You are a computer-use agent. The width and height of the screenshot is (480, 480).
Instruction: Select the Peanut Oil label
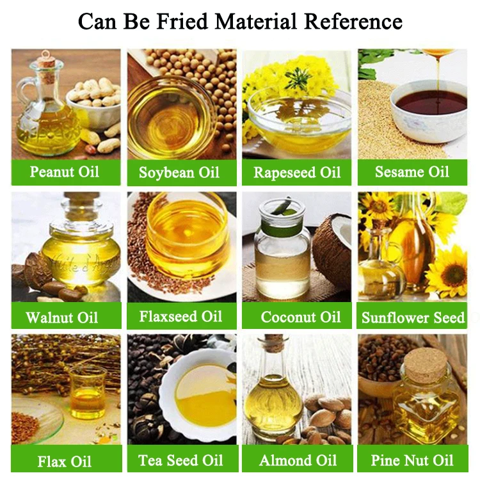pyautogui.click(x=65, y=172)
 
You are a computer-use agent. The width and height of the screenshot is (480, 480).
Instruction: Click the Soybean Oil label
pyautogui.click(x=179, y=172)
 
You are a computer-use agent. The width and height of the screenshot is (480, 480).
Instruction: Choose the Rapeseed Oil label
pyautogui.click(x=297, y=172)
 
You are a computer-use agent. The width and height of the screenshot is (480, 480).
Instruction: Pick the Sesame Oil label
pyautogui.click(x=412, y=172)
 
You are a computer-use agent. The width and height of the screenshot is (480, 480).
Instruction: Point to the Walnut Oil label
pyautogui.click(x=62, y=317)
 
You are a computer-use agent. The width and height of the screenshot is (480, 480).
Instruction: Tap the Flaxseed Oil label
pyautogui.click(x=180, y=317)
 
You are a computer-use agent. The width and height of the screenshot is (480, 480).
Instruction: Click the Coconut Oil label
pyautogui.click(x=301, y=317)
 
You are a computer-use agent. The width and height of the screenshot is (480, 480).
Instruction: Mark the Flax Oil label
pyautogui.click(x=65, y=461)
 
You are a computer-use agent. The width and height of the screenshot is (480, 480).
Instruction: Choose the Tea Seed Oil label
pyautogui.click(x=180, y=461)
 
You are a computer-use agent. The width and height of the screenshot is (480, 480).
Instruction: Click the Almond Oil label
pyautogui.click(x=298, y=461)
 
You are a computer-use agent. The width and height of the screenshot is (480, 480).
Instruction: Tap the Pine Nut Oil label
pyautogui.click(x=412, y=461)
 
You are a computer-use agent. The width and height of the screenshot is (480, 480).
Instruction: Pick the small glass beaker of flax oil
pyautogui.click(x=87, y=394)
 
